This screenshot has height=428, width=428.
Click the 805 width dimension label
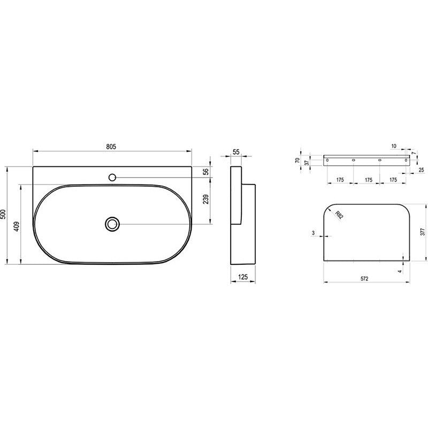(x=111, y=147)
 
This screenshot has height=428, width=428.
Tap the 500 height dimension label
(x=3, y=215)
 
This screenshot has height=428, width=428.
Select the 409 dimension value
(x=17, y=226)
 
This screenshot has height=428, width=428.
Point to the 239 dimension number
(x=206, y=199)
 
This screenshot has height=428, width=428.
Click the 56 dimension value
(x=206, y=171)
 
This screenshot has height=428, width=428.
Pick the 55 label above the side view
(x=236, y=152)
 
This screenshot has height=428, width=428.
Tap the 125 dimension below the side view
(x=243, y=277)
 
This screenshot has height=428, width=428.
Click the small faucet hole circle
(x=112, y=178)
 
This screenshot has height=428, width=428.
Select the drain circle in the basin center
(x=112, y=224)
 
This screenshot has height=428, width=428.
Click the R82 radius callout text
(x=339, y=216)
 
